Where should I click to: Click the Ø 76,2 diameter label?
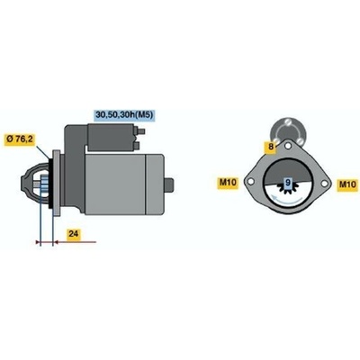point(20,139)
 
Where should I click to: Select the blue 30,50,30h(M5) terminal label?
point(125,114)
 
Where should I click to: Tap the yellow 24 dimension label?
point(74,234)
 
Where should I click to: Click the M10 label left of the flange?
point(228,183)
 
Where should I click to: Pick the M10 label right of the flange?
point(347,184)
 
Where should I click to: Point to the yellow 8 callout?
point(271,147)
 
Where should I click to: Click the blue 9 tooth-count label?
point(288,182)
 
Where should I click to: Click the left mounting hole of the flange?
point(251,182)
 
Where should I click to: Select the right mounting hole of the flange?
point(325,184)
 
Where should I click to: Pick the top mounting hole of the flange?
point(288,147)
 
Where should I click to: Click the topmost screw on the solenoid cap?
point(288,122)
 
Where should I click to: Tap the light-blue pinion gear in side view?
point(44,185)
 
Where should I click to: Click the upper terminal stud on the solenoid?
point(140,131)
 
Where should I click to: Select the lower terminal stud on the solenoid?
point(137,146)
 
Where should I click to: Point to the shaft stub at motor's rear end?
point(169,185)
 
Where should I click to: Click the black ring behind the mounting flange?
point(50,185)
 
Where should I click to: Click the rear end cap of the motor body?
point(155,184)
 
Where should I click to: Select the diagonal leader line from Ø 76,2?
point(42,153)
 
